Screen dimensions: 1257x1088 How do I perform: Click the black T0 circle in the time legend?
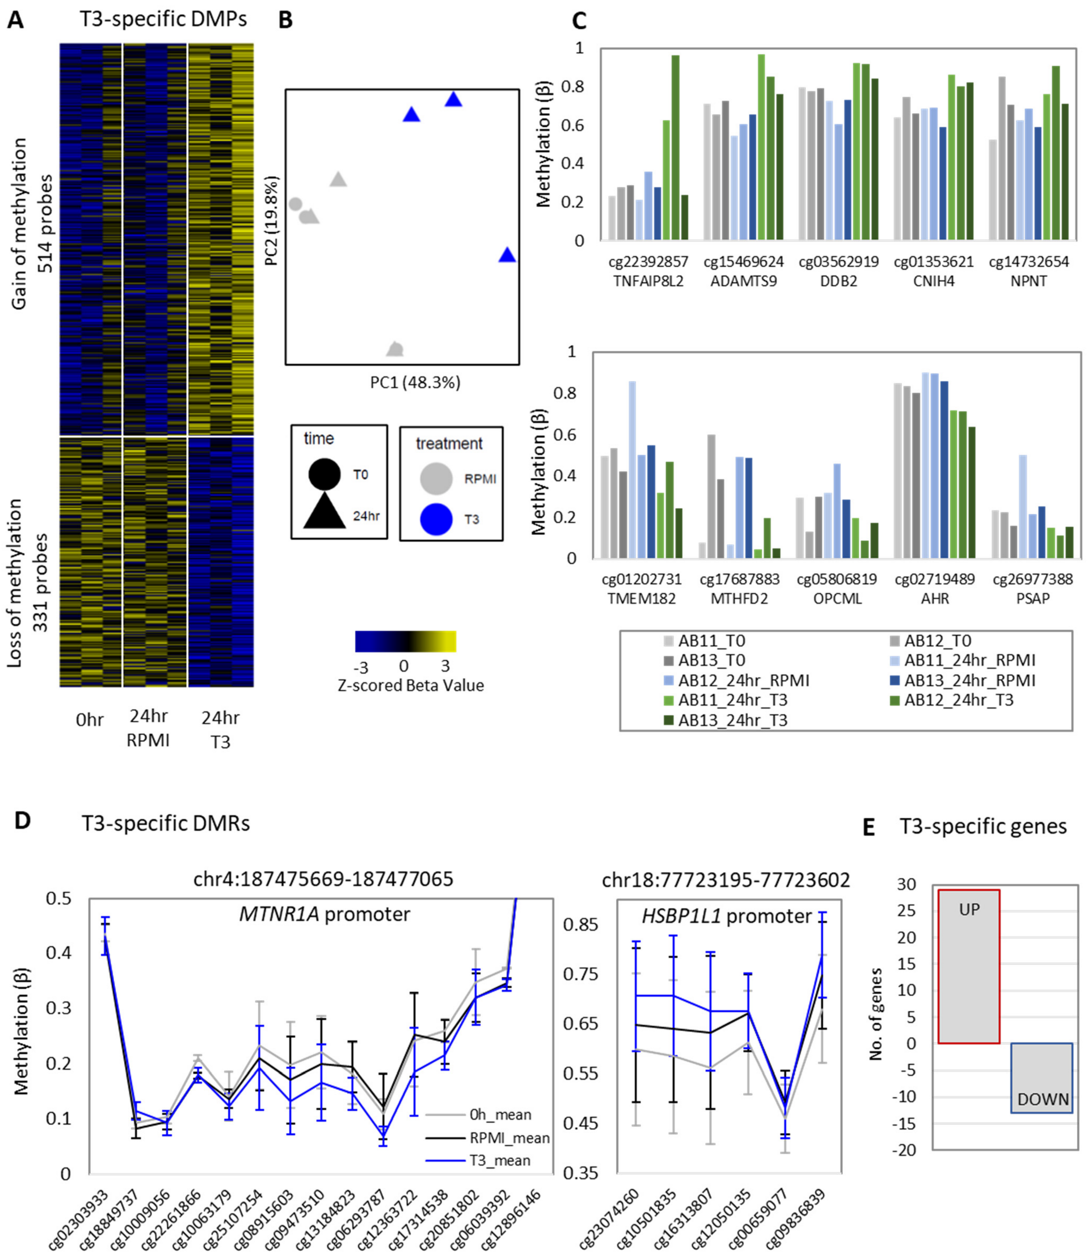pos(324,474)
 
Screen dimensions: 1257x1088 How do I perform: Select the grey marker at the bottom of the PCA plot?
pos(395,349)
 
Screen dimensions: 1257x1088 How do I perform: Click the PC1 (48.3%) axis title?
pos(415,382)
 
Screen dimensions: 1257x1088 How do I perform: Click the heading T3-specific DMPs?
pos(163,19)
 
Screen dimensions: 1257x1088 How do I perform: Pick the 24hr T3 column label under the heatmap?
pos(220,729)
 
